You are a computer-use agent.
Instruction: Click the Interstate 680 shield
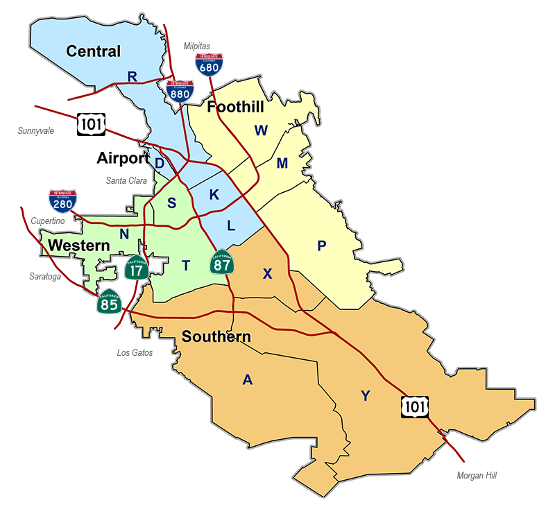209,64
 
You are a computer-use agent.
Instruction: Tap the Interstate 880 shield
180,92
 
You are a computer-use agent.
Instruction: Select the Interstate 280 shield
62,200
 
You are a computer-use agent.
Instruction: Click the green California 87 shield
223,262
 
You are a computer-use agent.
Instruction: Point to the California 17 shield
137,267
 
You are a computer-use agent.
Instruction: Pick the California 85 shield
110,300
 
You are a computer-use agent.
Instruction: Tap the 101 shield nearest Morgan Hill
414,407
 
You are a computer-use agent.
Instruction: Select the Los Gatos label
135,352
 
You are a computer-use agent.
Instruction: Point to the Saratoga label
44,276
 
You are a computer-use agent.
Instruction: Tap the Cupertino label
48,221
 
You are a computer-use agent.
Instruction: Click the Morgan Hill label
477,476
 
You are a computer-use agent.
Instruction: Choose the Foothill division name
235,107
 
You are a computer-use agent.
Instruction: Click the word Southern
216,337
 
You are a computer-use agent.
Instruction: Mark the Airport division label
123,158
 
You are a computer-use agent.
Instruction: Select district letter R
132,76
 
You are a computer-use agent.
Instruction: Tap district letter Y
366,396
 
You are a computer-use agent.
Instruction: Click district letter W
261,130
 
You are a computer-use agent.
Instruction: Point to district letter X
267,273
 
